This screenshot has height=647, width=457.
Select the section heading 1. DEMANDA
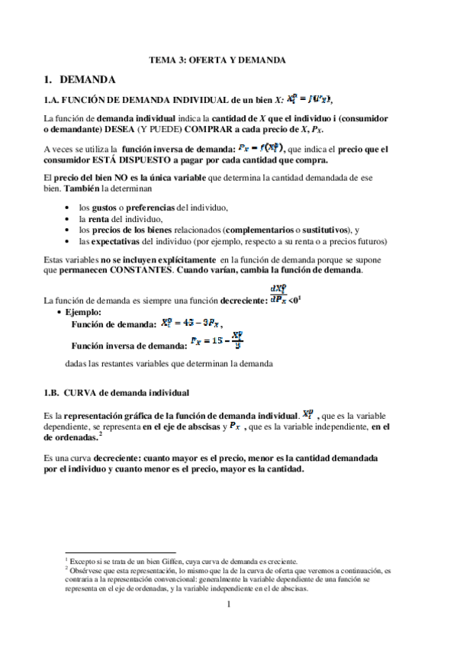80,79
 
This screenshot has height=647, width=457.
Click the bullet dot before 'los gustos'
69,208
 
